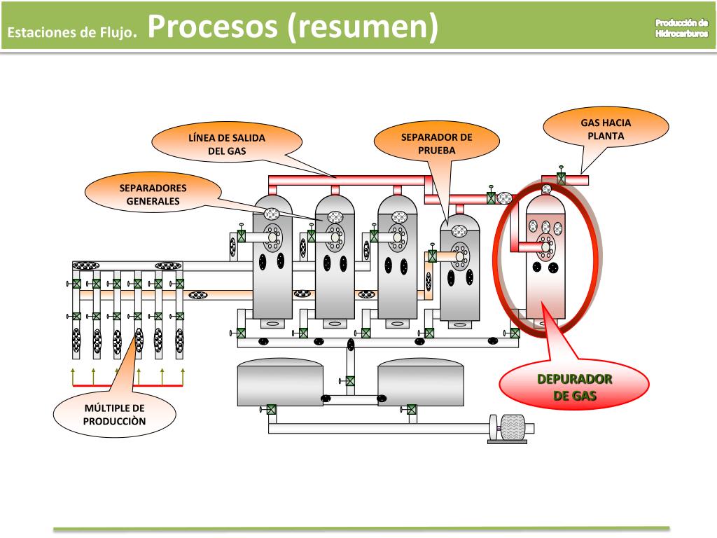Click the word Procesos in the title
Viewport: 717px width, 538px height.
click(x=213, y=27)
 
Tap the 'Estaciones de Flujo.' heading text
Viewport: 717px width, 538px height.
click(x=72, y=32)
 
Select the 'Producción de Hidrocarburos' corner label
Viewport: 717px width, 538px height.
click(x=681, y=28)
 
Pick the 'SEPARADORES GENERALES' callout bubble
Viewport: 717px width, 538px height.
click(x=153, y=195)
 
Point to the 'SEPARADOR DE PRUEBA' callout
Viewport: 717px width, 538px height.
click(x=437, y=144)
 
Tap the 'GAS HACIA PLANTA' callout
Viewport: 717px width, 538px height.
click(x=606, y=129)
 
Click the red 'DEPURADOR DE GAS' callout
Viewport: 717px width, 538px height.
click(x=574, y=387)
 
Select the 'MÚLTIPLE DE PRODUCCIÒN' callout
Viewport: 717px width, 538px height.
click(x=114, y=415)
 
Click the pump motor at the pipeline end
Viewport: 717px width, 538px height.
click(x=513, y=428)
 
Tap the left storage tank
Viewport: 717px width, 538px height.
click(x=280, y=382)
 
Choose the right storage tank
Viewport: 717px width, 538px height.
click(x=420, y=382)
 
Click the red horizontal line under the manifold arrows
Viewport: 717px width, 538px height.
click(x=127, y=386)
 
